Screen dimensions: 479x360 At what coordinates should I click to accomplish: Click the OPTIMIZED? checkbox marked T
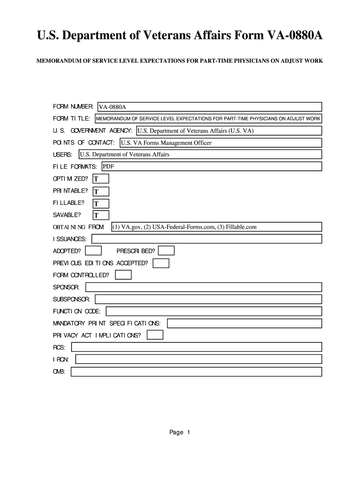pos(101,179)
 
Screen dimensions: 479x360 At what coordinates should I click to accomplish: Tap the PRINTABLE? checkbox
pos(101,191)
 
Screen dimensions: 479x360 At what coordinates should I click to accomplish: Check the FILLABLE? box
pos(101,203)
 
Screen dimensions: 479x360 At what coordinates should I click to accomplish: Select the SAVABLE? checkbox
pos(101,215)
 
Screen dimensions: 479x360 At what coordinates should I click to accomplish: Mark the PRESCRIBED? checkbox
pos(166,251)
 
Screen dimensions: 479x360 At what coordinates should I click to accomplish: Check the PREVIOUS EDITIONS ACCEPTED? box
pos(161,263)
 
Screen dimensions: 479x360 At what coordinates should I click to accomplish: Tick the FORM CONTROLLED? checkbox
pos(123,275)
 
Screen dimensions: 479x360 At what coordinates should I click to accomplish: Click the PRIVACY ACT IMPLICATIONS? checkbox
pos(155,335)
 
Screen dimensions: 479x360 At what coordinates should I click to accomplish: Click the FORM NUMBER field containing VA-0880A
pos(209,107)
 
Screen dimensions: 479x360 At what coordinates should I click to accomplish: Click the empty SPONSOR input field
pos(203,287)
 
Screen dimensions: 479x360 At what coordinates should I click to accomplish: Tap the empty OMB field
pos(196,372)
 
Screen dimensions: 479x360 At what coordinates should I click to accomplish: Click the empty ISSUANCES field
pos(207,239)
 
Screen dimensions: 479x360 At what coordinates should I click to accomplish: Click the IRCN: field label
pos(61,359)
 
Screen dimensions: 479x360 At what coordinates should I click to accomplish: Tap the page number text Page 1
pos(180,433)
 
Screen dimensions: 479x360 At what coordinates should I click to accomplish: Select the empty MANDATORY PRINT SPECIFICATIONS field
pos(245,323)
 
